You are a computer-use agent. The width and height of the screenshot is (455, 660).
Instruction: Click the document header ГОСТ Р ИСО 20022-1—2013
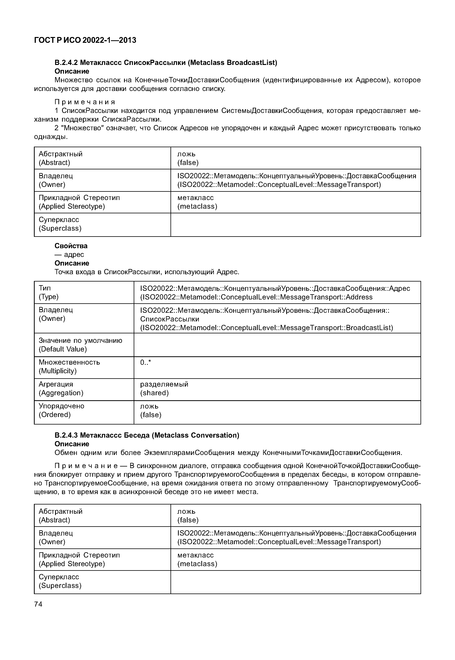tap(85, 40)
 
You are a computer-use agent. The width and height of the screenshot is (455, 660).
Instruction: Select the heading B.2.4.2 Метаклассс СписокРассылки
tap(166, 62)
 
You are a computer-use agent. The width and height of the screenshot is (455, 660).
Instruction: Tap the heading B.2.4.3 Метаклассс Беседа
tap(147, 435)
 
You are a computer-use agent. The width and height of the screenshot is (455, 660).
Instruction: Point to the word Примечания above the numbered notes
tap(85, 102)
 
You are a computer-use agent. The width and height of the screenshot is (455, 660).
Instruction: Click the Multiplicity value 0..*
tap(145, 362)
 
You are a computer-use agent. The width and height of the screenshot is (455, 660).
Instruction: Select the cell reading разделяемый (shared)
tap(164, 388)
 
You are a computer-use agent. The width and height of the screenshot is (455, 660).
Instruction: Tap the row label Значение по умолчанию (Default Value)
tap(80, 345)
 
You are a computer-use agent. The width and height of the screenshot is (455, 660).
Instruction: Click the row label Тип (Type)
tap(49, 292)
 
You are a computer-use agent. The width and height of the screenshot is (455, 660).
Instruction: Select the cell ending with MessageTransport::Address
tap(275, 292)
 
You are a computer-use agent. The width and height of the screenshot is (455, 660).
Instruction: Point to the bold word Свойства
tap(71, 246)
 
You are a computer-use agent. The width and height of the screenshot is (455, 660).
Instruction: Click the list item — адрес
tap(69, 254)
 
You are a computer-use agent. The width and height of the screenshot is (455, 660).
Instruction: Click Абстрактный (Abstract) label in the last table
tap(60, 515)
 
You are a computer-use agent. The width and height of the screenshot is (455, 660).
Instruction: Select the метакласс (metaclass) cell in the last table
tap(197, 559)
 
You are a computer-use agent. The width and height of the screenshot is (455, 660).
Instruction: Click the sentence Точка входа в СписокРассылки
tap(147, 272)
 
